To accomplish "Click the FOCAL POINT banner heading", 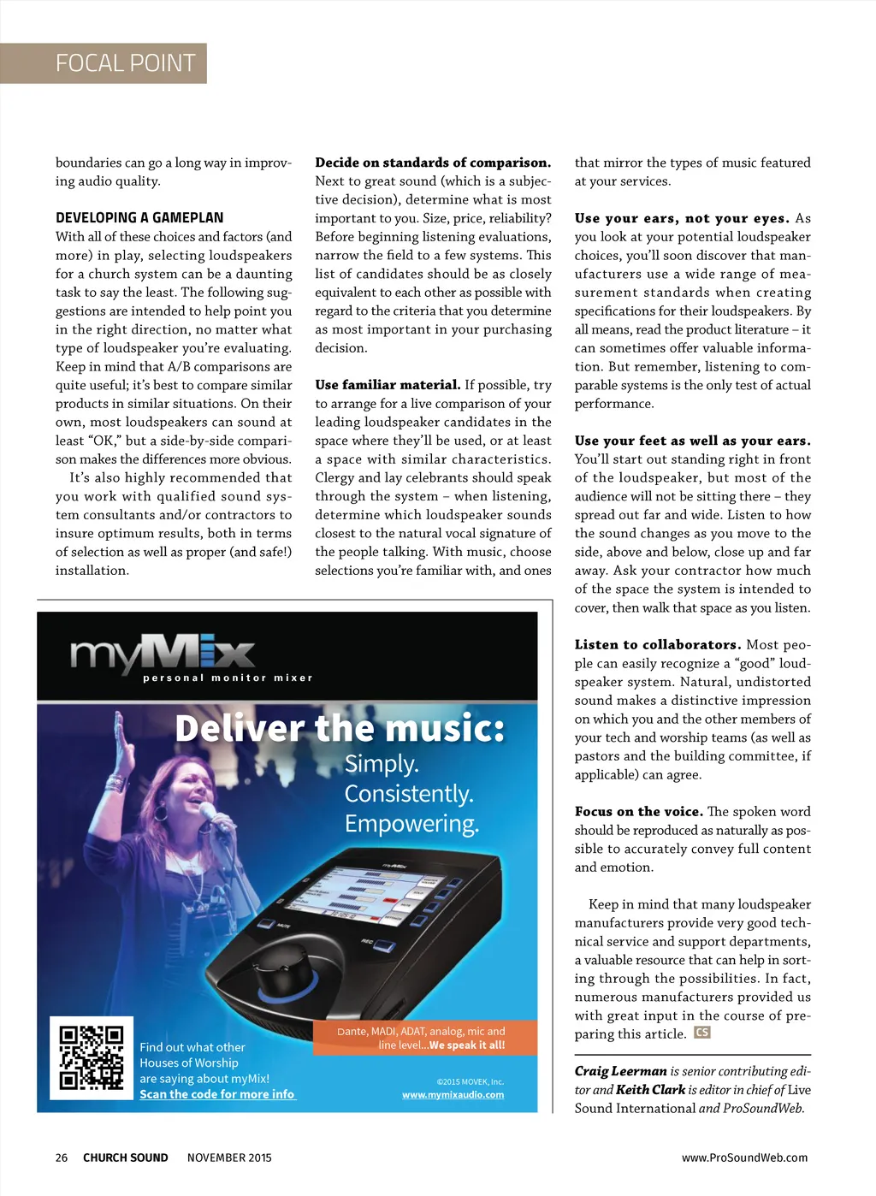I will pos(125,63).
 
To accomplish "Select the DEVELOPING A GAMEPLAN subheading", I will pos(139,218).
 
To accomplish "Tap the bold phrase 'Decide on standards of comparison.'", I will pos(433,163).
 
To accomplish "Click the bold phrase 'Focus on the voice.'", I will pos(638,812).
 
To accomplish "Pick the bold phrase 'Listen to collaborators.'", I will pos(657,645).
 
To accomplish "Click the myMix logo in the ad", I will pos(163,656).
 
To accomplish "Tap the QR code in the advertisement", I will pos(92,1057).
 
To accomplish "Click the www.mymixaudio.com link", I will pos(453,1095).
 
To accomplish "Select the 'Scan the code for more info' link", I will pos(217,1094).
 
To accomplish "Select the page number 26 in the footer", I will pos(62,1158).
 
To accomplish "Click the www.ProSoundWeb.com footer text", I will pos(744,1158).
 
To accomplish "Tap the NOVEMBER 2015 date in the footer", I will pos(229,1158).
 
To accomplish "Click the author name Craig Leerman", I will pos(620,1071).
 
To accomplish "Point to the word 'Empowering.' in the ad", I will pos(411,824).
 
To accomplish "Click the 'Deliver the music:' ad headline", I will pos(340,728).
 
